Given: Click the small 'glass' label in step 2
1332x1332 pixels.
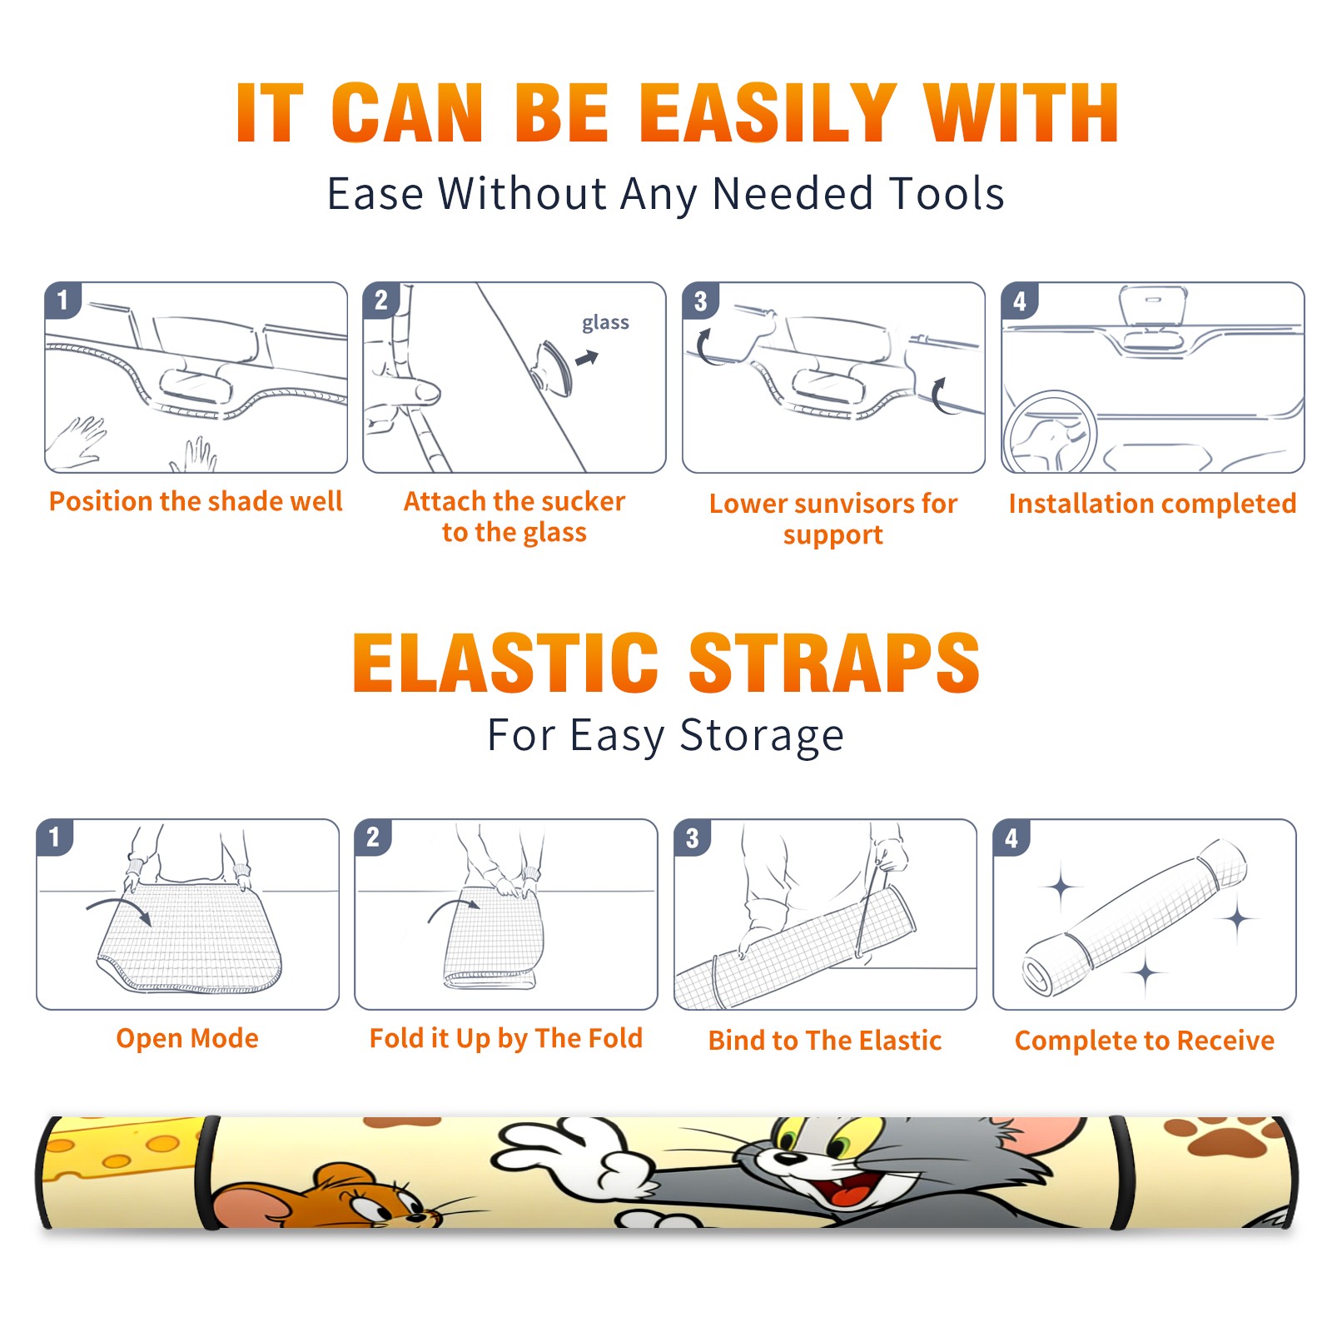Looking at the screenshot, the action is click(x=605, y=323).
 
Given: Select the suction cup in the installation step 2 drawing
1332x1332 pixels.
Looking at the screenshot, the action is click(x=554, y=367).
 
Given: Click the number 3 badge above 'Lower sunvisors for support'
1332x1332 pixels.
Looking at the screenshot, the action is click(x=699, y=301).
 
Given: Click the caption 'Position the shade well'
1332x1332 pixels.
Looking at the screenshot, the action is click(x=196, y=501).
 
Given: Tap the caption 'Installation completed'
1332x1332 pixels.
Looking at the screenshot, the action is click(x=1152, y=504).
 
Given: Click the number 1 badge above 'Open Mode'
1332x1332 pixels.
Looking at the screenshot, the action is click(x=55, y=837).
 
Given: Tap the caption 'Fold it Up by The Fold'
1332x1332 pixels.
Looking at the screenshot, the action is click(x=506, y=1038).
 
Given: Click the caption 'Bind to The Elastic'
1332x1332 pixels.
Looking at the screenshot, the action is click(x=825, y=1041).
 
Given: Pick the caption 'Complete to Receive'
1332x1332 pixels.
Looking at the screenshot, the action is click(x=1145, y=1041).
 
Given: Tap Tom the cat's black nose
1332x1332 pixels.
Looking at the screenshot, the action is click(x=784, y=1158).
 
